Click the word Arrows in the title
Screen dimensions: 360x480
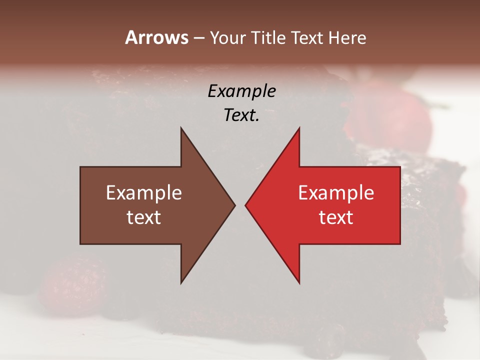[x=156, y=37]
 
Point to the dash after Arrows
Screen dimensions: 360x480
[x=198, y=38]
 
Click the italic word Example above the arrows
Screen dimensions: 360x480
[x=241, y=91]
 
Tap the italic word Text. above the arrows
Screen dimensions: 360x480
[x=241, y=115]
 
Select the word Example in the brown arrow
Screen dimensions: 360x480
[x=144, y=192]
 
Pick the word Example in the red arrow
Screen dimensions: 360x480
[x=336, y=192]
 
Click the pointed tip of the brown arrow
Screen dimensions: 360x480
[x=234, y=205]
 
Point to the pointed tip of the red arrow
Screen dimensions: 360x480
[x=245, y=205]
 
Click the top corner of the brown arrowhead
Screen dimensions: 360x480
[x=181, y=128]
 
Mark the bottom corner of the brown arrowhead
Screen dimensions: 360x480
[x=181, y=283]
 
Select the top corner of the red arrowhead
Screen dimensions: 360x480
[x=299, y=128]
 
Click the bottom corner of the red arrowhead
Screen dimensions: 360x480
[x=299, y=283]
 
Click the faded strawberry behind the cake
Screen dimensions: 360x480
[x=395, y=115]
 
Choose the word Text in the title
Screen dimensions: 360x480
[x=308, y=37]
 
